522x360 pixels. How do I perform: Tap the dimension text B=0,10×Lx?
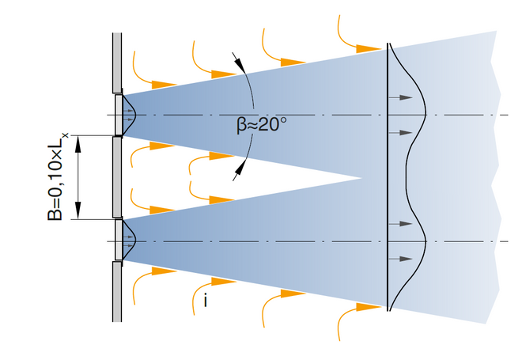click(55, 177)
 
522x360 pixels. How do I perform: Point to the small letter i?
click(206, 300)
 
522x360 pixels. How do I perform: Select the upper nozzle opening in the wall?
click(118, 115)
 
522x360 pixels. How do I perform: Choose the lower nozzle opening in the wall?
click(118, 240)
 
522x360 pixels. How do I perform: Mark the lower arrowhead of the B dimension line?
click(78, 213)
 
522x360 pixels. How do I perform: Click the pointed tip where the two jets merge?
click(360, 177)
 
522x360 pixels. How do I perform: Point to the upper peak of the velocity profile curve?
click(426, 116)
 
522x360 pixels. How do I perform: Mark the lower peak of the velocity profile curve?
click(426, 240)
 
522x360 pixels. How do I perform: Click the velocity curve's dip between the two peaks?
click(406, 177)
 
